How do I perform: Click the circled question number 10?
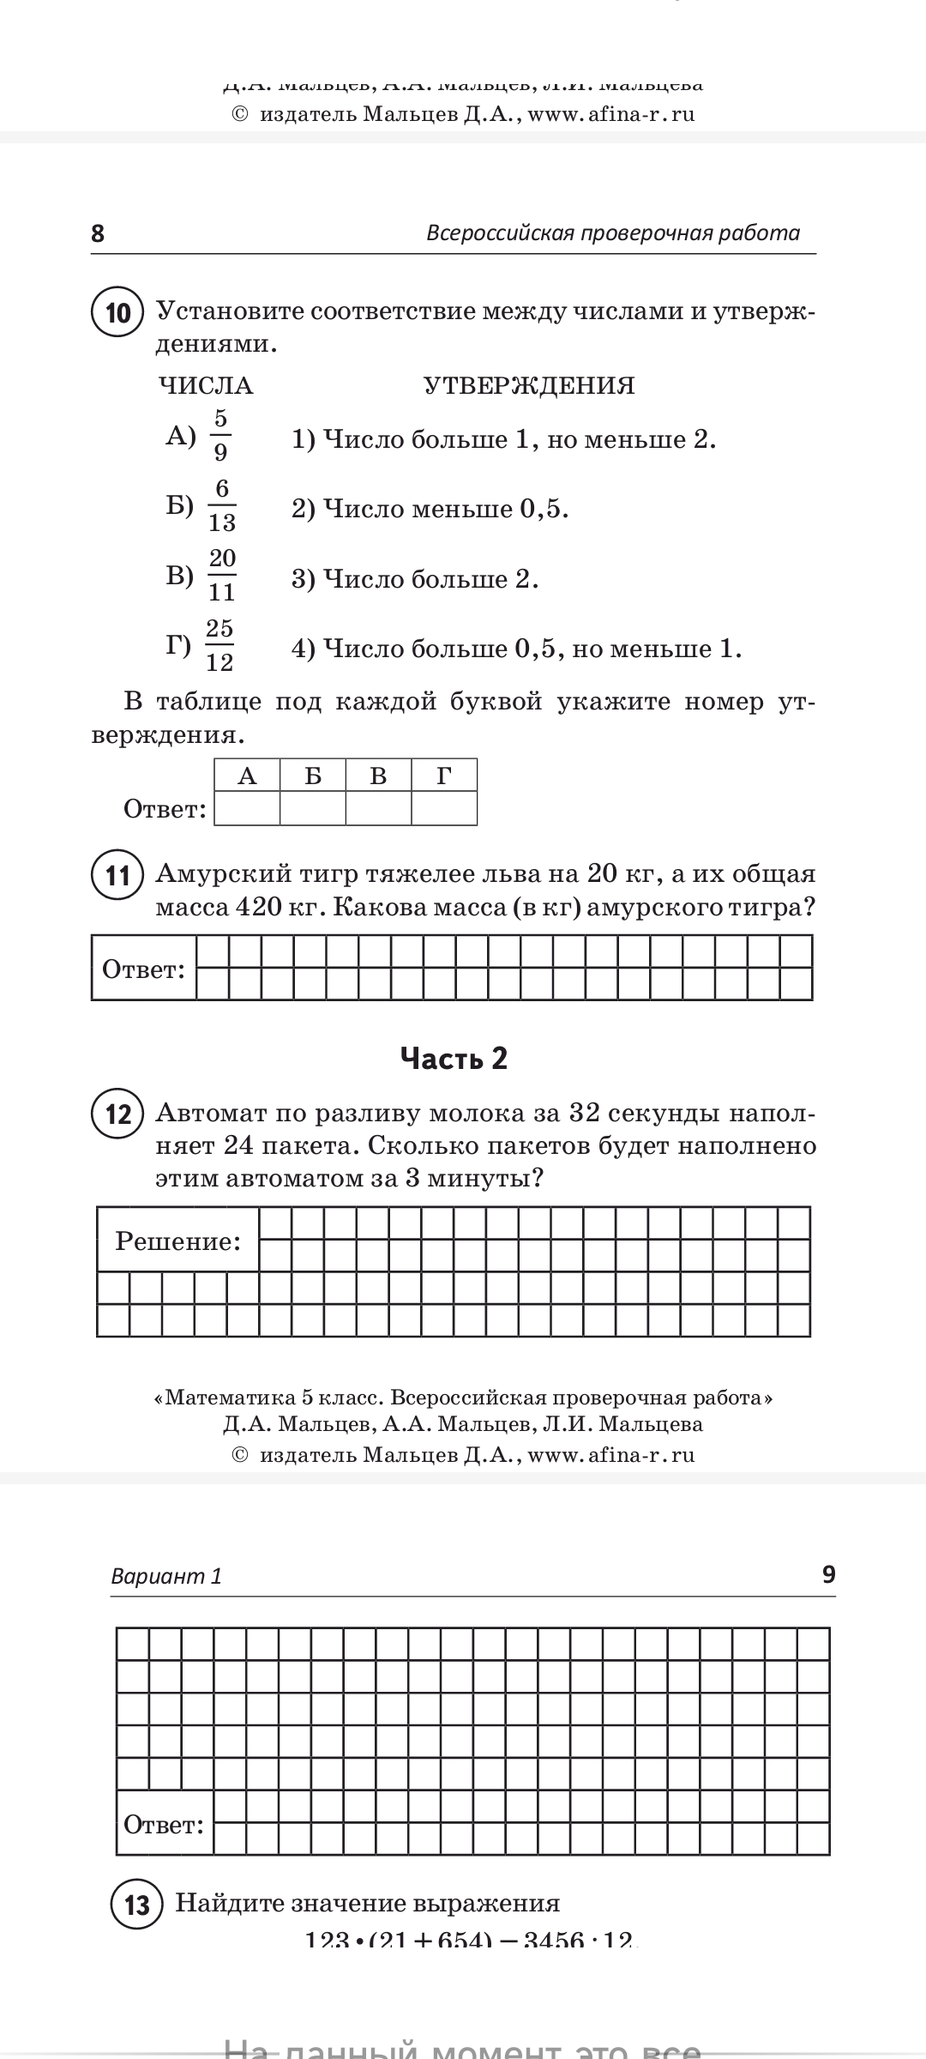117,312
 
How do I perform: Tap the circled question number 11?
117,875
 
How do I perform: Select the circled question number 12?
117,1114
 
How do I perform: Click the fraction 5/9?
220,435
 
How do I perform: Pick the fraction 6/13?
222,505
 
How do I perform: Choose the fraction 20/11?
222,575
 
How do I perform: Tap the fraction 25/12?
219,645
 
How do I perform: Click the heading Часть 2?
454,1059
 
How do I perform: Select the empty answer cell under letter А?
247,808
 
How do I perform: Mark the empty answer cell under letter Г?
444,808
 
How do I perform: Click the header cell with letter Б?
313,776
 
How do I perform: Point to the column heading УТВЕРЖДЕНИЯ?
529,386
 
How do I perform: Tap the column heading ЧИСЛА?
206,386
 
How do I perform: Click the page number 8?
98,233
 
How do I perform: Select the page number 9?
828,1574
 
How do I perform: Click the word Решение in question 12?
178,1241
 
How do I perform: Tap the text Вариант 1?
166,1576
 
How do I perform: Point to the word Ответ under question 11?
143,969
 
